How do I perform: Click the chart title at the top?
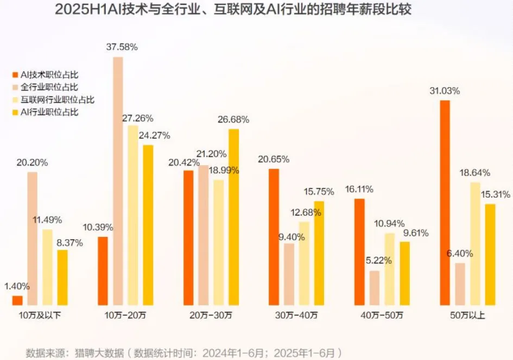[x=256, y=11]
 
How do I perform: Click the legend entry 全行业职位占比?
[x=49, y=87]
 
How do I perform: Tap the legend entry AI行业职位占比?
[x=49, y=112]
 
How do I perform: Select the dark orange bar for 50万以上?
[x=445, y=203]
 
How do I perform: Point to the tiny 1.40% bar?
[x=17, y=300]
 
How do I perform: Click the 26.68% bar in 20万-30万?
[x=234, y=217]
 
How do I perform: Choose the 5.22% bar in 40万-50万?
[x=375, y=288]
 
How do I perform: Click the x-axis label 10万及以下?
[x=41, y=315]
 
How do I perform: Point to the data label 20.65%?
[x=274, y=160]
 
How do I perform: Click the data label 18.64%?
[x=474, y=173]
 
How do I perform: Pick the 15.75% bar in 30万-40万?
[x=319, y=253]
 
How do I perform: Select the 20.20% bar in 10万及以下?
[x=33, y=238]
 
